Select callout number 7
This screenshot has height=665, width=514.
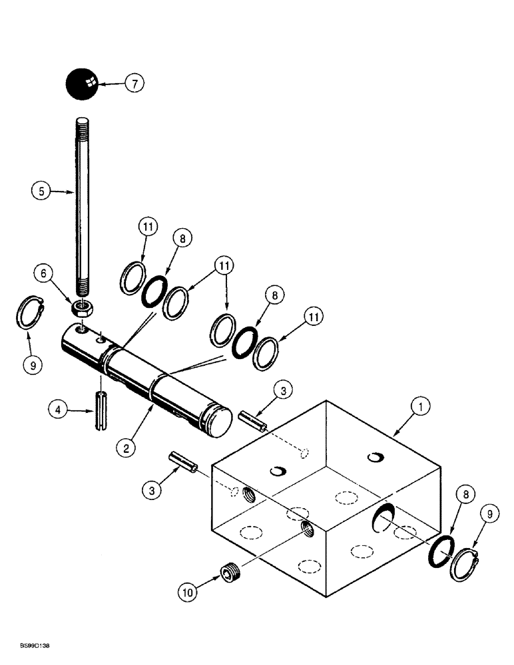pos(135,83)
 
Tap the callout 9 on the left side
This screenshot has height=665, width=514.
pos(31,365)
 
